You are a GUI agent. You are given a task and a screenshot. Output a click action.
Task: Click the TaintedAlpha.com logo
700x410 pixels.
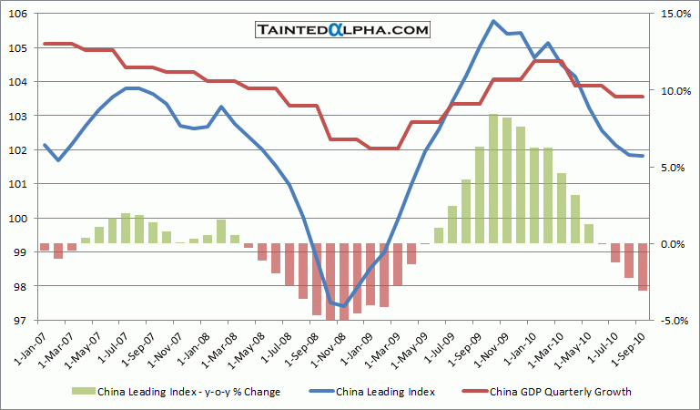(x=341, y=30)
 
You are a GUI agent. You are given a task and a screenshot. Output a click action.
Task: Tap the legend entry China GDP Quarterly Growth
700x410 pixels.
(x=560, y=392)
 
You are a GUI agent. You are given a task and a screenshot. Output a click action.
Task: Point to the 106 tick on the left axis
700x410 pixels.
(x=18, y=14)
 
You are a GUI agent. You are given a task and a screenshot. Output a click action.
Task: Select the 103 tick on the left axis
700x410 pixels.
(x=18, y=116)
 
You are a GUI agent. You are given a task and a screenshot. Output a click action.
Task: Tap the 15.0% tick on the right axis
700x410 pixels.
(x=667, y=14)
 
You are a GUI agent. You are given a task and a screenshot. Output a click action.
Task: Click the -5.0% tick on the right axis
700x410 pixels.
(x=667, y=321)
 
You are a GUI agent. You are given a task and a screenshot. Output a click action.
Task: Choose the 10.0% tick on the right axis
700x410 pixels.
(x=667, y=91)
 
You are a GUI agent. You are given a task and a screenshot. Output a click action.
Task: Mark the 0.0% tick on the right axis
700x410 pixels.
(x=667, y=244)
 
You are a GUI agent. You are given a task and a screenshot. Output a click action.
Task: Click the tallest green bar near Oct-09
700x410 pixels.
(x=493, y=179)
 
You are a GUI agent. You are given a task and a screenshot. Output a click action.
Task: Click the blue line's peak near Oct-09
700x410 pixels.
(x=493, y=21)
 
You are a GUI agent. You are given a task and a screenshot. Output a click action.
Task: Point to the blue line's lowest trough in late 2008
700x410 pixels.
(x=343, y=306)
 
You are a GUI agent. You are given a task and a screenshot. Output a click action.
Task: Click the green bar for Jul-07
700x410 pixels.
(x=126, y=229)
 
